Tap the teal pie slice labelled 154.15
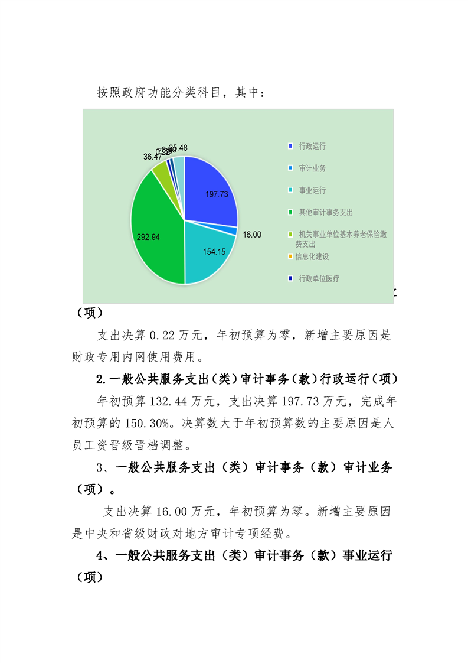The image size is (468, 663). pos(210,251)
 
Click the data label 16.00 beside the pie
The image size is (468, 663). pos(252,235)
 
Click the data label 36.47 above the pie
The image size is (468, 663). pos(152,157)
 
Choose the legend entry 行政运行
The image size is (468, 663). pos(312,146)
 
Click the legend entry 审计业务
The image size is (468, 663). pos(312,168)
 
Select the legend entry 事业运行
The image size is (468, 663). pos(312,190)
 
